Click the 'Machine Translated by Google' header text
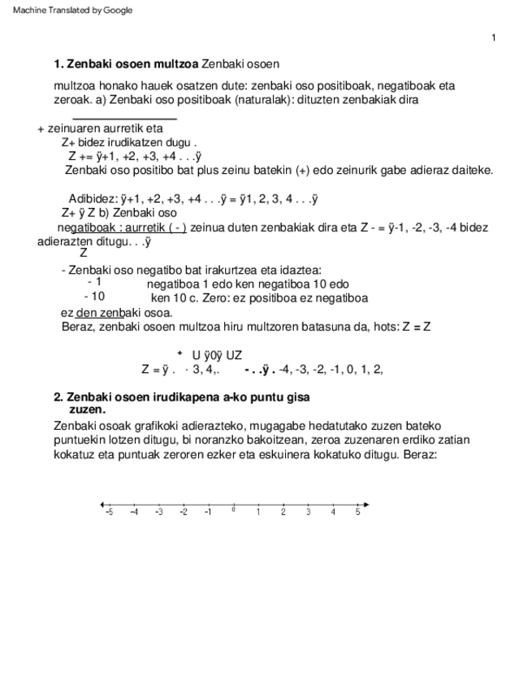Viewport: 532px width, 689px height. pyautogui.click(x=72, y=10)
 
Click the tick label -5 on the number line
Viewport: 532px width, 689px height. pyautogui.click(x=109, y=513)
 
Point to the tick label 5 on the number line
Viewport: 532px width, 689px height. pyautogui.click(x=357, y=513)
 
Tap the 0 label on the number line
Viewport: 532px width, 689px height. pyautogui.click(x=233, y=510)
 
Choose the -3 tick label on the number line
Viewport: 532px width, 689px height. pyautogui.click(x=158, y=513)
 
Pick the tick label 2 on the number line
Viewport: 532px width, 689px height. pyautogui.click(x=283, y=513)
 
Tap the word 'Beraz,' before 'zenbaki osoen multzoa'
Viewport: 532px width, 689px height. pyautogui.click(x=78, y=327)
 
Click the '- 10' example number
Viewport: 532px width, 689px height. pyautogui.click(x=94, y=297)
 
